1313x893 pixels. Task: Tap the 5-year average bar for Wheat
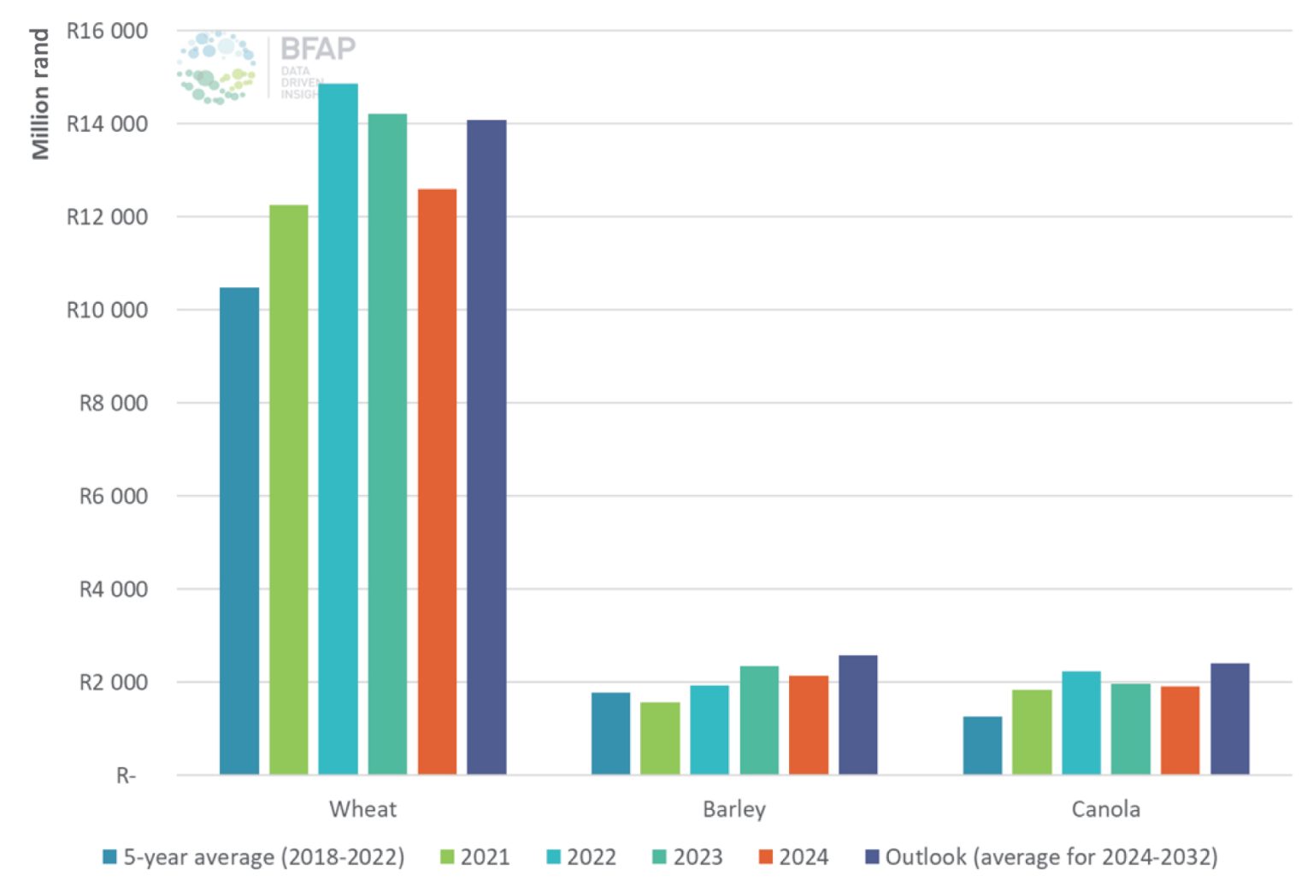238,531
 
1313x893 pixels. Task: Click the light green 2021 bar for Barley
660,738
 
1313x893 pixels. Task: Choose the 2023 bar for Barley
759,720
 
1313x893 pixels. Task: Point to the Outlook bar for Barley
857,715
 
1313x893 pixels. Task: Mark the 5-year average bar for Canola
982,745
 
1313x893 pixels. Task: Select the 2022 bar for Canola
1081,723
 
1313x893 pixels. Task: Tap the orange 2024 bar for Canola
1180,730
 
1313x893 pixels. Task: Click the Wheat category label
362,809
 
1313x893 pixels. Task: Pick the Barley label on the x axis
733,809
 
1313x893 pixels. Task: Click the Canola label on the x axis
1105,809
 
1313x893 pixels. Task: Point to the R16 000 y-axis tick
107,31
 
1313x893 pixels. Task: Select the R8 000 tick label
113,403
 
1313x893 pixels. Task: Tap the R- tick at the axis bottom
126,776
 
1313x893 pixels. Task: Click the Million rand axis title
39,94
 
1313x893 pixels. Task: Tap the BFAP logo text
318,49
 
